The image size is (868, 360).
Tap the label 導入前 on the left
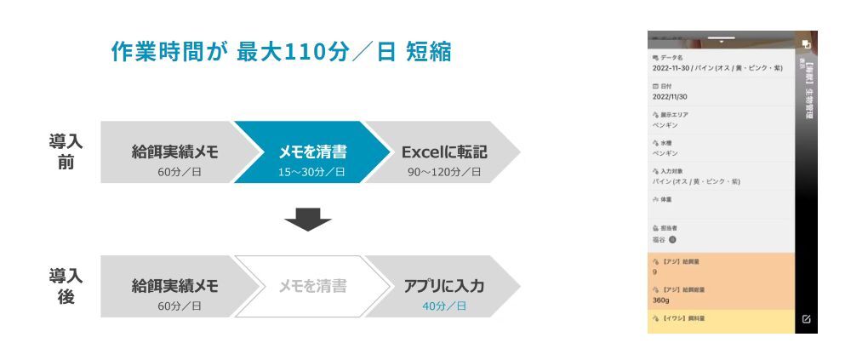[x=66, y=151]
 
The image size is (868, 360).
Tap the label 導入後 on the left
[x=66, y=286]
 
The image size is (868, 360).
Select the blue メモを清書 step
[x=312, y=152]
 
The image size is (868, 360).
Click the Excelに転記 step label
[x=444, y=152]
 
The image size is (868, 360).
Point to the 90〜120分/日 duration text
[x=444, y=172]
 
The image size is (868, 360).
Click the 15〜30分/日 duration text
[x=312, y=172]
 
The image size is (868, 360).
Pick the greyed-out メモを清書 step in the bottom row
[x=312, y=286]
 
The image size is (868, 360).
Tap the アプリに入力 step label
[x=444, y=286]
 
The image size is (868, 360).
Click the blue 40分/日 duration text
[x=444, y=306]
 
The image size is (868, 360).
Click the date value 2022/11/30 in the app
[x=670, y=96]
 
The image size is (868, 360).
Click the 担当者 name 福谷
[x=660, y=239]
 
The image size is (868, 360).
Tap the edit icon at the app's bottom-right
[x=806, y=319]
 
